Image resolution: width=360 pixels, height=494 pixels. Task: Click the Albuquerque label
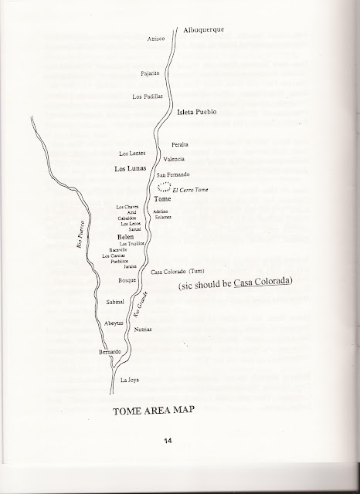[x=203, y=30]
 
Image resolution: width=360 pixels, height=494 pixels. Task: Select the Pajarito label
[x=150, y=73]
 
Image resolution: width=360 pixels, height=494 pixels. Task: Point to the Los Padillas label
[x=147, y=96]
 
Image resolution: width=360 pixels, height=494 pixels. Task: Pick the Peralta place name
[x=178, y=145]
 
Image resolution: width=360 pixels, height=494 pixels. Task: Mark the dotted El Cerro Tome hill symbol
[x=163, y=188]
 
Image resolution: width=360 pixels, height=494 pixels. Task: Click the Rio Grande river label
[x=140, y=308]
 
